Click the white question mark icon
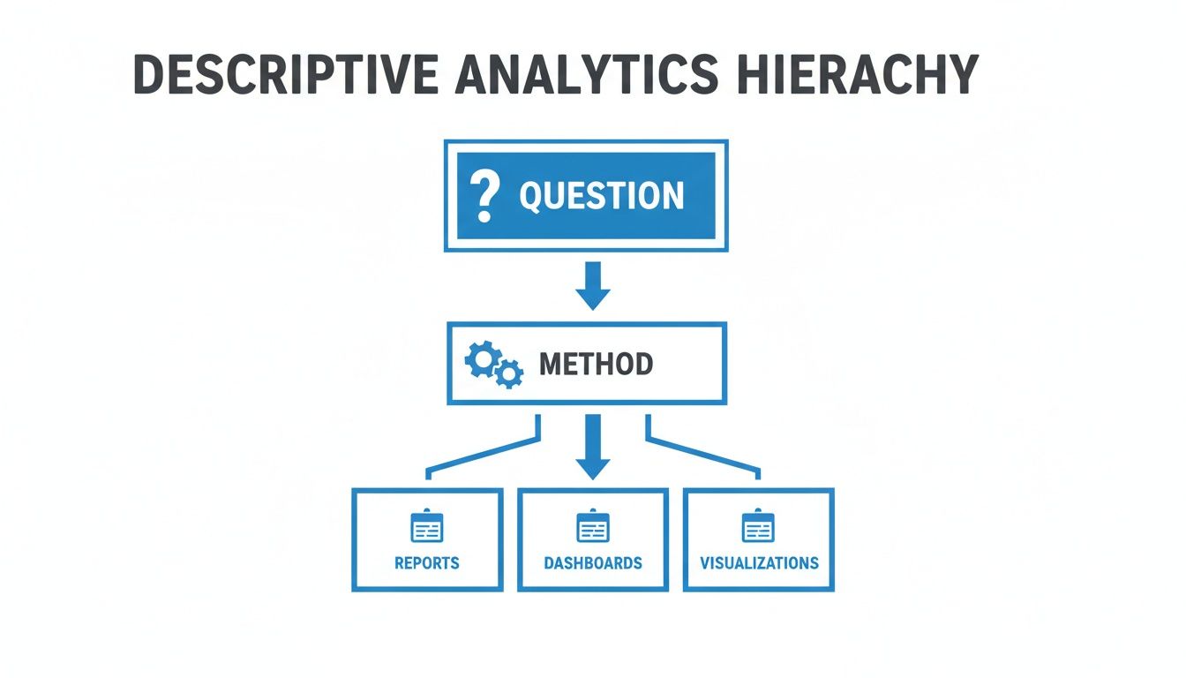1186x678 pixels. click(484, 195)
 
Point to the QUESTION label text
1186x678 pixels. click(601, 196)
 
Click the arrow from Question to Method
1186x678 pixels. click(592, 285)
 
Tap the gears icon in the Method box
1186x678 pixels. click(493, 365)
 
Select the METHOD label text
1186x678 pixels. click(596, 364)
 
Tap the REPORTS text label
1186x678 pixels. click(427, 563)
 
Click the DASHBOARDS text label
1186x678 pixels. click(592, 563)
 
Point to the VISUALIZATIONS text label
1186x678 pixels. click(759, 563)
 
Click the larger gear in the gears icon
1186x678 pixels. click(482, 359)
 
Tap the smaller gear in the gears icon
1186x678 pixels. click(508, 374)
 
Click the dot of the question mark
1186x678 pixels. click(483, 215)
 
